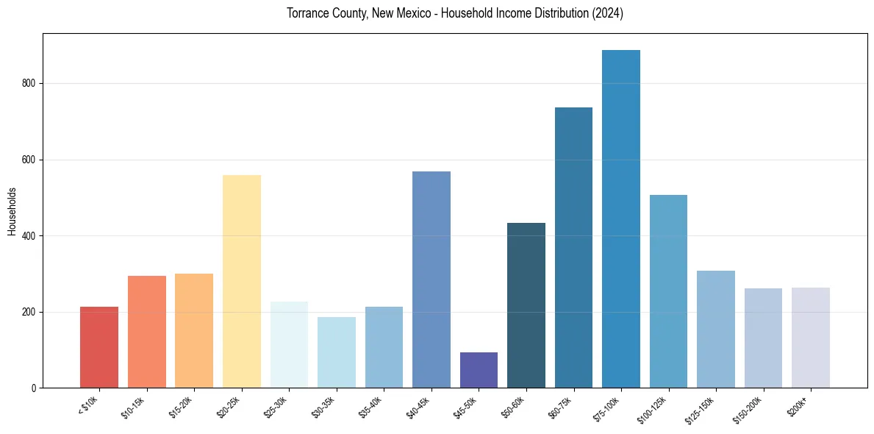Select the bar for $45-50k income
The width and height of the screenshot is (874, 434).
click(479, 370)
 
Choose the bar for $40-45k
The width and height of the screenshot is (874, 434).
click(431, 280)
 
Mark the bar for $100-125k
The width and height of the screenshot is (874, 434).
click(668, 291)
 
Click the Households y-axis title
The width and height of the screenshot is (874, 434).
click(12, 211)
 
